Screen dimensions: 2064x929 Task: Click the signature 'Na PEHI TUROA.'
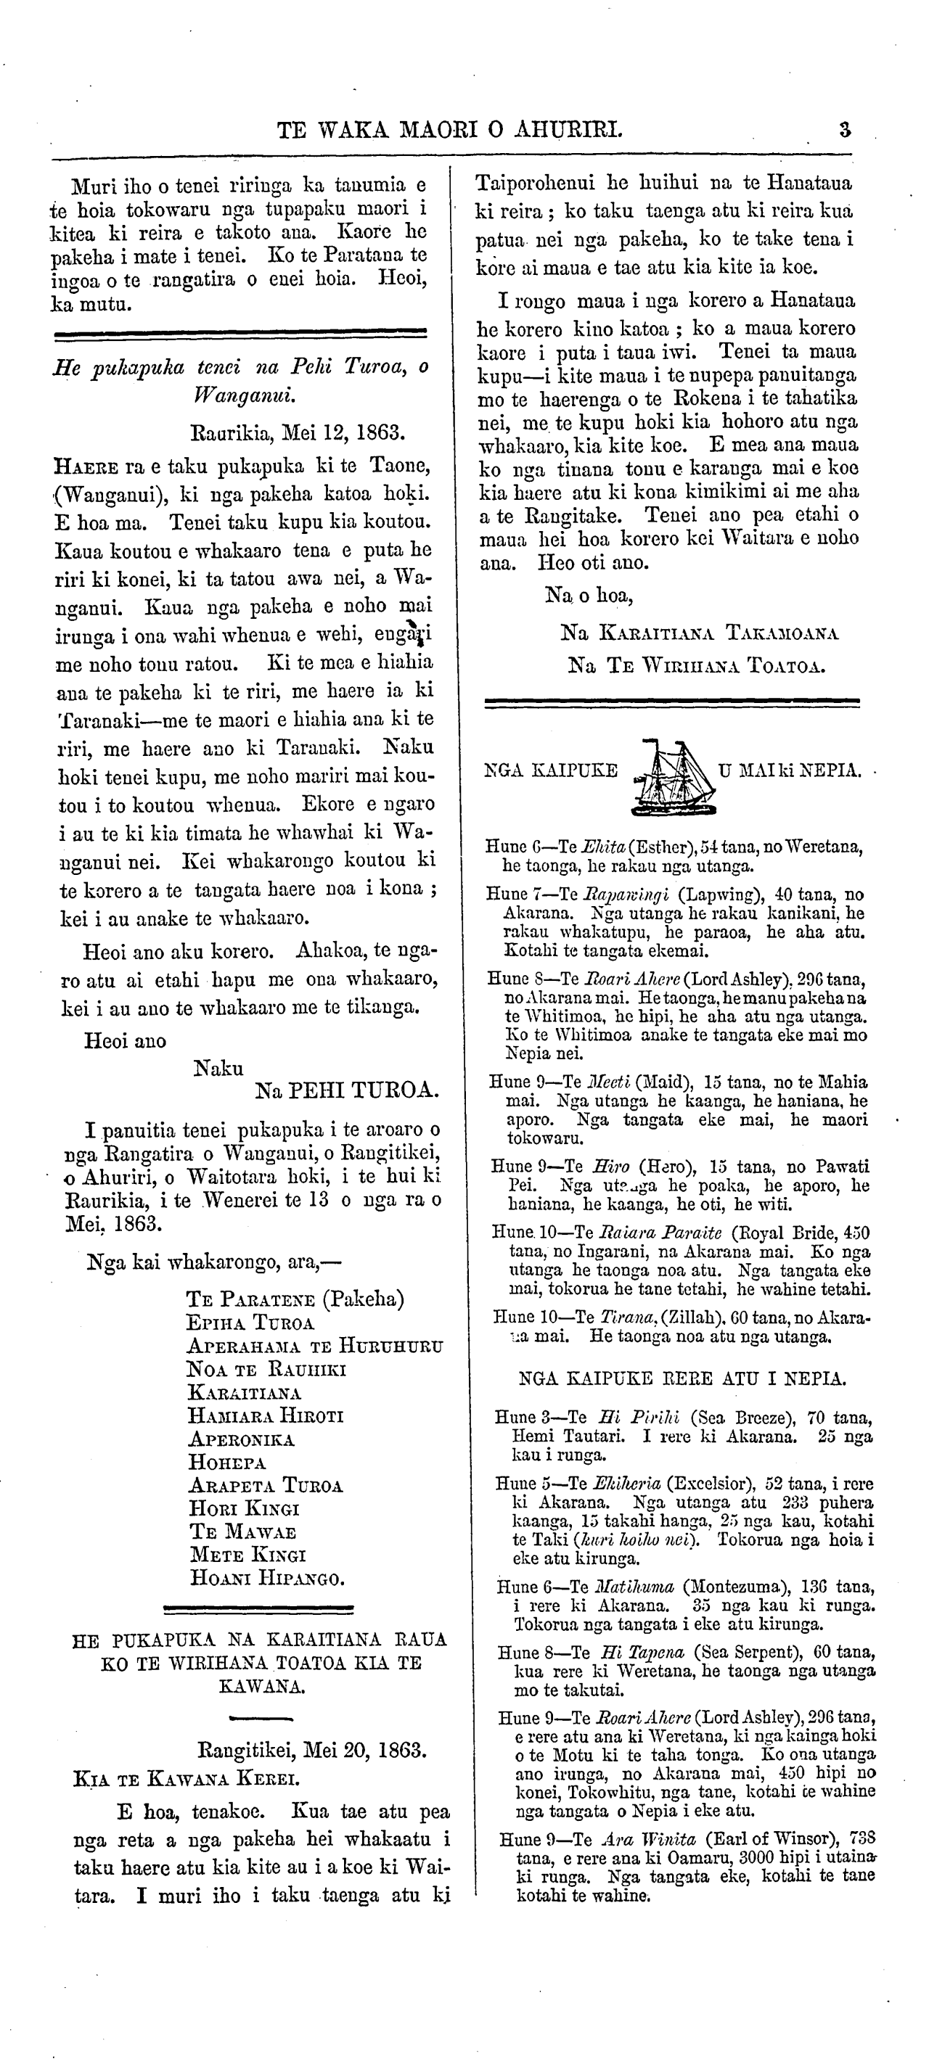coord(346,1090)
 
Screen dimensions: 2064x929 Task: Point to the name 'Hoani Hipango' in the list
coord(268,1579)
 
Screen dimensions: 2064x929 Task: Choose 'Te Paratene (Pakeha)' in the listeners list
coord(295,1299)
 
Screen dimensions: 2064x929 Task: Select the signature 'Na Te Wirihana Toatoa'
coord(696,665)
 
